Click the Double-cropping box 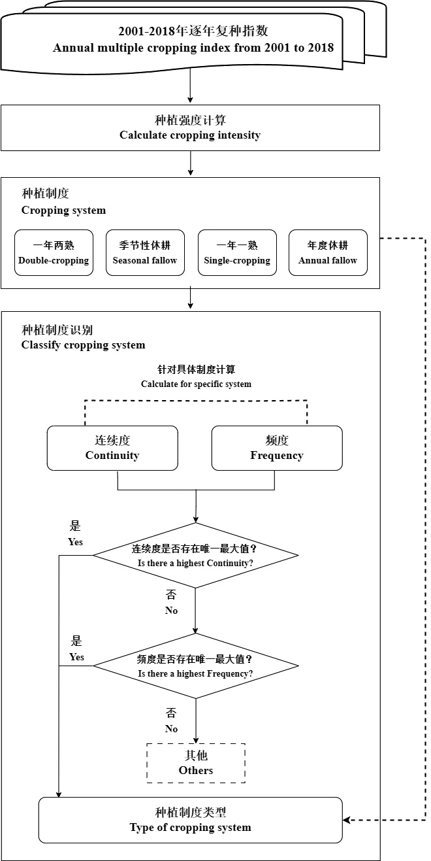point(54,252)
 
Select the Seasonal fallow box point(145,252)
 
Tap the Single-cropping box point(237,252)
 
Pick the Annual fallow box point(328,252)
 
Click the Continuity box point(112,448)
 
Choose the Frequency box point(277,448)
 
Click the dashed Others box point(196,764)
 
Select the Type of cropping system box point(191,820)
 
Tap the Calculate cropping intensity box point(191,127)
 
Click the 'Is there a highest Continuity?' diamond point(196,556)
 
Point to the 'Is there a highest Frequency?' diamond point(196,666)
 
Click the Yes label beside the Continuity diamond point(76,542)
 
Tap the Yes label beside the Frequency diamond point(77,657)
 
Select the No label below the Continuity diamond point(171,611)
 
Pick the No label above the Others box point(171,729)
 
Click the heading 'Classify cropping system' point(84,345)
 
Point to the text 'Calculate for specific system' point(196,384)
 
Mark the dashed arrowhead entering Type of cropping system point(346,820)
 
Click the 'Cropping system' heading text point(64,211)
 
